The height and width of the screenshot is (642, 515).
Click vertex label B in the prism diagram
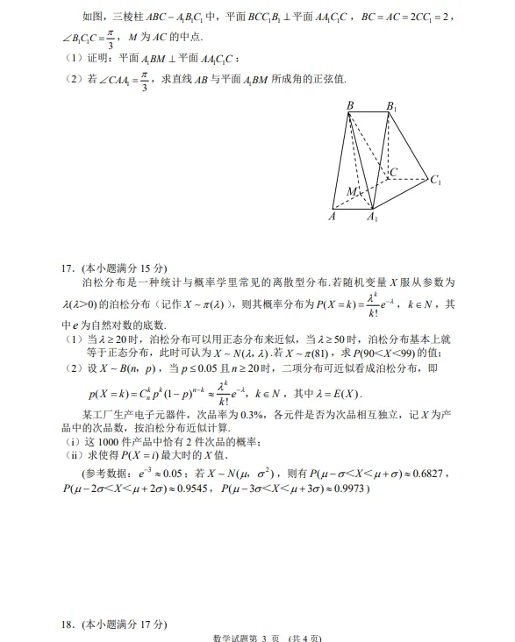coord(350,106)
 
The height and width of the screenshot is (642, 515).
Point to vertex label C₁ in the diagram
coord(435,180)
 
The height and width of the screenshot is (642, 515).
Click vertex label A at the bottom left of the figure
coord(332,216)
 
